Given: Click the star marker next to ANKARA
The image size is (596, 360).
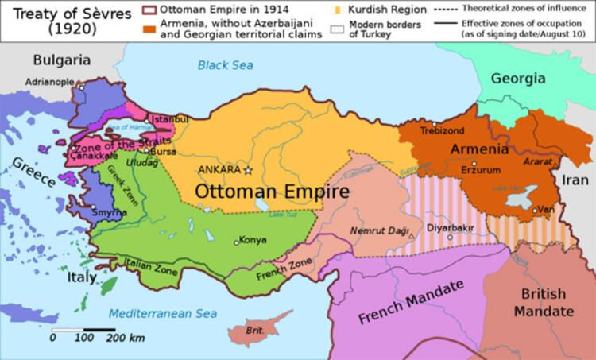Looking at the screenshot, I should (x=248, y=170).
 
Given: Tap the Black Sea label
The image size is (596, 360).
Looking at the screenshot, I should (x=226, y=65).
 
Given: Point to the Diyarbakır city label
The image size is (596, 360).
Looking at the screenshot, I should (x=450, y=226).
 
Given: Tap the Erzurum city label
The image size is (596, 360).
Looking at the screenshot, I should (x=481, y=169).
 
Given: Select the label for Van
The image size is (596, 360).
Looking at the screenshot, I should (x=546, y=209).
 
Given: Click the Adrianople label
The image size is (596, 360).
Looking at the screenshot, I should (x=49, y=81).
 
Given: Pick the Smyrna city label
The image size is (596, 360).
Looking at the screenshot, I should (x=108, y=213).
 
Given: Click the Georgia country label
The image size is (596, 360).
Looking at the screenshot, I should (x=517, y=78).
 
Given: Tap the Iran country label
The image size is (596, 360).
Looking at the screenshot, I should (x=575, y=180).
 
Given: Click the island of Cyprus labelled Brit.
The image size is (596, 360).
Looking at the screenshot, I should (x=255, y=329).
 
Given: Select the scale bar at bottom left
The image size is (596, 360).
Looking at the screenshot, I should (x=83, y=329).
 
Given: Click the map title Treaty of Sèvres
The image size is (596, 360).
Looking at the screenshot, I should (x=52, y=20).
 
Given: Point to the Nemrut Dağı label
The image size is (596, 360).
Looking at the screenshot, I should (x=378, y=230).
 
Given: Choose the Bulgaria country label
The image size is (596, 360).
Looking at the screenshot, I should (x=62, y=60).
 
